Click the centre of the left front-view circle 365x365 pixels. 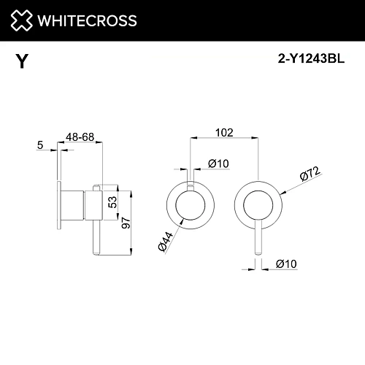pyautogui.click(x=190, y=205)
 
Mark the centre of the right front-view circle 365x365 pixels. pyautogui.click(x=257, y=205)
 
